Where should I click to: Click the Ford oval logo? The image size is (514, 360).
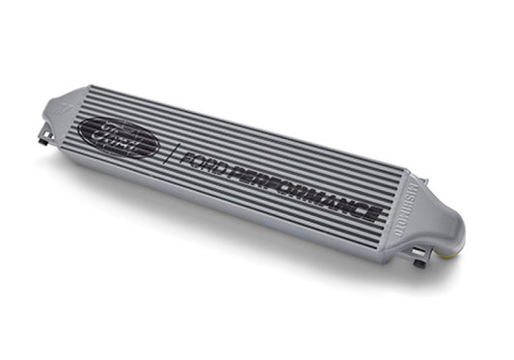120,138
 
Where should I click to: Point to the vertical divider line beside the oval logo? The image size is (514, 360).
169,153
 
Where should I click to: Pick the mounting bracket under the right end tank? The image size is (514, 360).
418,258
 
